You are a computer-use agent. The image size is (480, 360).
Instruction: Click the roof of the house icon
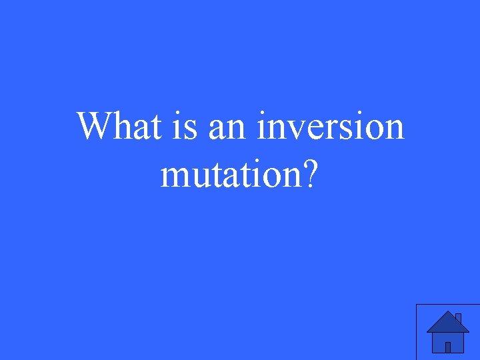coord(447,323)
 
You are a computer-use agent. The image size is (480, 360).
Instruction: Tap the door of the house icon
coord(448,347)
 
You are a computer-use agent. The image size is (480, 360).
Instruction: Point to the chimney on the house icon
coord(458,318)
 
